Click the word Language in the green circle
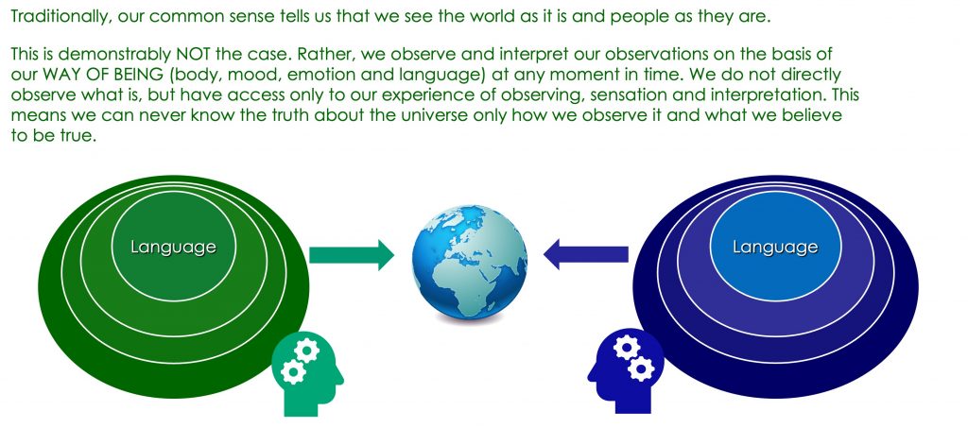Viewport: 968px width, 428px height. (174, 248)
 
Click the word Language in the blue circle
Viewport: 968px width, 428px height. (775, 248)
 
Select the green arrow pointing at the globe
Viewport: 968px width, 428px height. (352, 255)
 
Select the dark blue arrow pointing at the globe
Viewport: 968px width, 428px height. (586, 255)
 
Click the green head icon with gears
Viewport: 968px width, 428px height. (307, 372)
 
